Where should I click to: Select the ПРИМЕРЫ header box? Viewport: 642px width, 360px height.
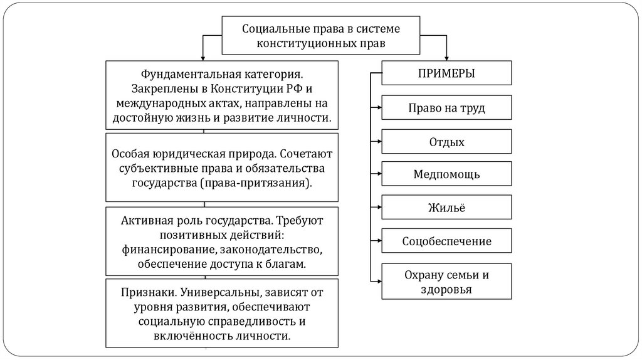click(446, 73)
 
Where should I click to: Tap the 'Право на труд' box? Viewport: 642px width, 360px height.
click(446, 108)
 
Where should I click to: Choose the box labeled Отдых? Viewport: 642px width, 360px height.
click(446, 142)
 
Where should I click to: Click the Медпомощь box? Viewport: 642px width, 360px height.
click(446, 174)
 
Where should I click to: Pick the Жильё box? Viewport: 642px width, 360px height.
click(446, 208)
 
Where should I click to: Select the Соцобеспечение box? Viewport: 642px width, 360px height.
click(446, 241)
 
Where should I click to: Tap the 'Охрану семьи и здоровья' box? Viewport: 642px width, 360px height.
click(446, 282)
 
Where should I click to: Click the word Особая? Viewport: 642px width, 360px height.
click(131, 153)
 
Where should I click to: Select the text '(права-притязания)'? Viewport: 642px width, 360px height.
click(257, 184)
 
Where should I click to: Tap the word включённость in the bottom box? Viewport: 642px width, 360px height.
click(182, 336)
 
